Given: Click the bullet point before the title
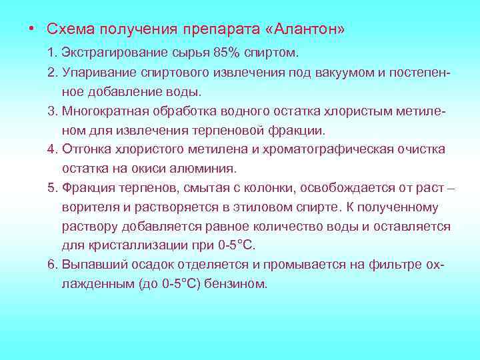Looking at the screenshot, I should [x=32, y=29].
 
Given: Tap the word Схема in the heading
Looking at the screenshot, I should [x=68, y=29].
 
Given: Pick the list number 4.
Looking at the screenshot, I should [x=52, y=149].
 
